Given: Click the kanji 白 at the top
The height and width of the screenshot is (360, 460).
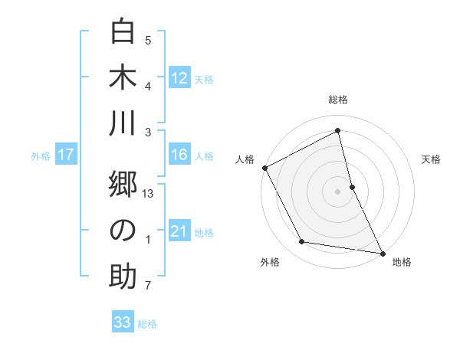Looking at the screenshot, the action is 123,32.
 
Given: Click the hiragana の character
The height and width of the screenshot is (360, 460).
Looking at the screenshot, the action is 123,231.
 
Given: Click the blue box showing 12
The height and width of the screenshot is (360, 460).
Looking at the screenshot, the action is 179,77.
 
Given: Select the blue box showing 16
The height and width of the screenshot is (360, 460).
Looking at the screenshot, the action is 179,155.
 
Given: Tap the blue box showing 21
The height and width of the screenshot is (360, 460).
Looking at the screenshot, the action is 179,231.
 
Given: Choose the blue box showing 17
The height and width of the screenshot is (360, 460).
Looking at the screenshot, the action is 65,155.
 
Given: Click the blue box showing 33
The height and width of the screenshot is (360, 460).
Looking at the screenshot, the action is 122,322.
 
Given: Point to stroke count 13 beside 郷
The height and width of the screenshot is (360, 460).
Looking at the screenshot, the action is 148,195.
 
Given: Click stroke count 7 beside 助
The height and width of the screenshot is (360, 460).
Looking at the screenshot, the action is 148,286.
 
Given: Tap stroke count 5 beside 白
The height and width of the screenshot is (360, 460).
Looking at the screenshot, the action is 148,41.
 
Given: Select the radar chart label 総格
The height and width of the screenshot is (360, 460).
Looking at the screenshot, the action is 338,100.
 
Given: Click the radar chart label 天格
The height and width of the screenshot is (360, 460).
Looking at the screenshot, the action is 431,159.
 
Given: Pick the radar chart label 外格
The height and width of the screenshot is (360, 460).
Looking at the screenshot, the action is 270,262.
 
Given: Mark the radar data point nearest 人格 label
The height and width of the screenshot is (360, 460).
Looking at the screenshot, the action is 264,168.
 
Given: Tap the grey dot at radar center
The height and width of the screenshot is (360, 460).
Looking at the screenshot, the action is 338,191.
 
